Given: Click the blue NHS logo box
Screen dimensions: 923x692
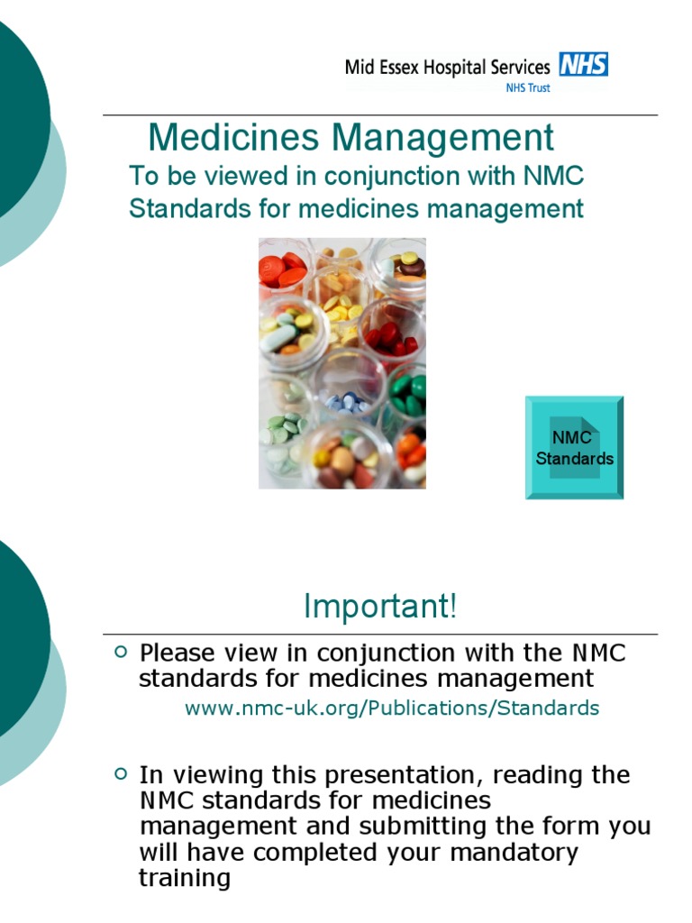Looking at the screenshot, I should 584,65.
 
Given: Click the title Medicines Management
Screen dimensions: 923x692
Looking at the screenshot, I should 351,138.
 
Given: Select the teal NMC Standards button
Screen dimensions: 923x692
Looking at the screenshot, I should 574,448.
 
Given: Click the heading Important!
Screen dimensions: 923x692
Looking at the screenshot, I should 380,607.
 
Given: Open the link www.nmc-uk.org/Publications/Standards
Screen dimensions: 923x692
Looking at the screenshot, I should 391,708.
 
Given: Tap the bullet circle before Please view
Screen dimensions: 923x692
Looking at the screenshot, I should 122,651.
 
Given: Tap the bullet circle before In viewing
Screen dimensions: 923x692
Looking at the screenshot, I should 122,773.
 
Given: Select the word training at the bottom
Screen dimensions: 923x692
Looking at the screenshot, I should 184,878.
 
